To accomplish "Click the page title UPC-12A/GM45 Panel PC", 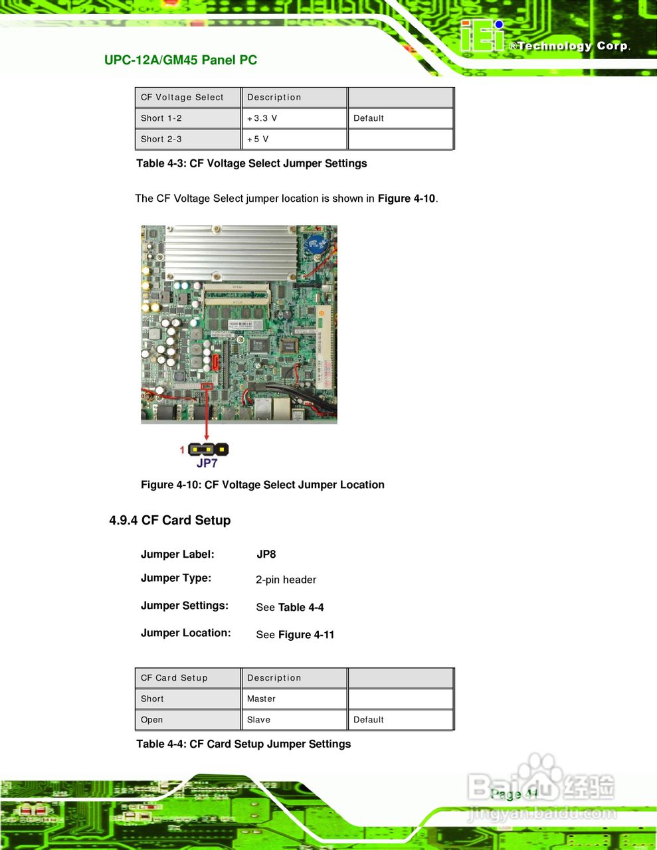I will point(180,60).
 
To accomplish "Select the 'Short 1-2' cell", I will point(161,118).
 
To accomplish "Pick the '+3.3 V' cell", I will point(262,118).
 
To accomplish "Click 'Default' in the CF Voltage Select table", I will point(369,118).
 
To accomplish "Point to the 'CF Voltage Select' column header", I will point(182,98).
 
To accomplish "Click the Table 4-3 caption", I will point(251,163).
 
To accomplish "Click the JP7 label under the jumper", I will point(207,463).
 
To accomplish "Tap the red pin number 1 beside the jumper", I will point(182,450).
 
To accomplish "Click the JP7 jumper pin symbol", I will point(208,450).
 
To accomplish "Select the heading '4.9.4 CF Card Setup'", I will point(170,521).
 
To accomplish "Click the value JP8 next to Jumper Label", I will point(266,554).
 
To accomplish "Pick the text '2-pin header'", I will point(286,580).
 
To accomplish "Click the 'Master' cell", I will point(261,699).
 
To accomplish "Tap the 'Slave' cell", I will point(258,720).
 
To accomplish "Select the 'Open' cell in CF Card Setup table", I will point(151,720).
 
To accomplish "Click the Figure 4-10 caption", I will point(262,485).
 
